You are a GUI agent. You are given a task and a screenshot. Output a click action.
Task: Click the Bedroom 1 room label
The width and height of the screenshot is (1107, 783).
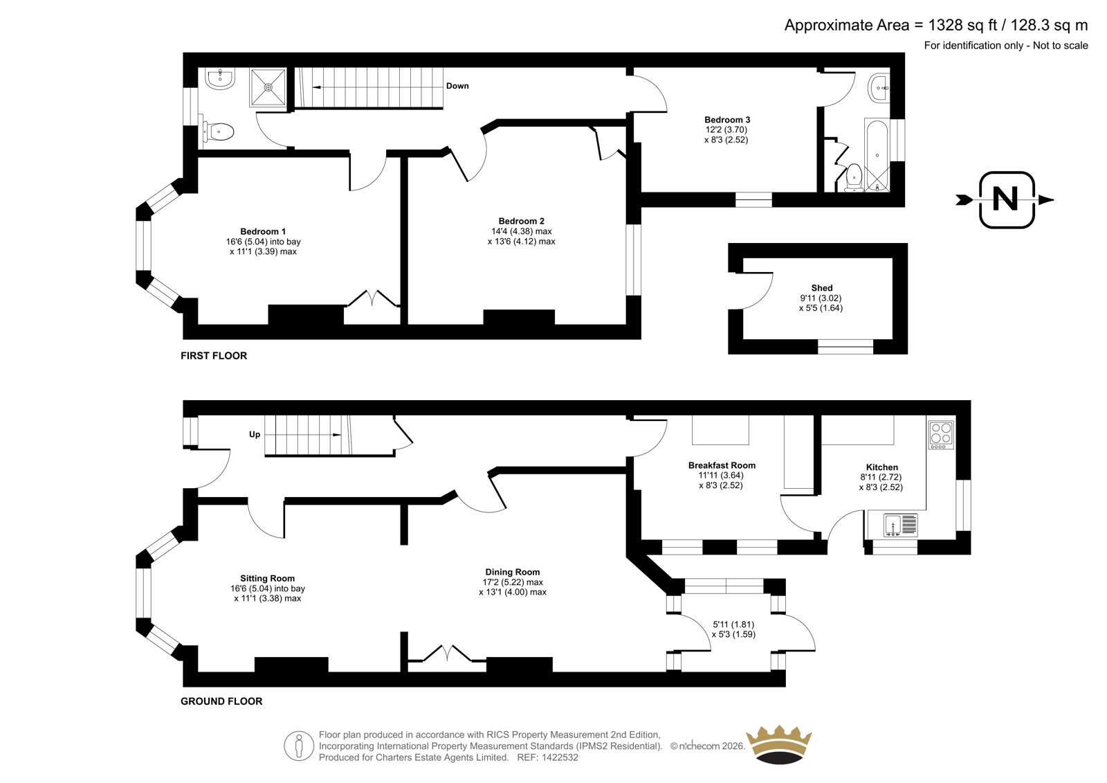click(x=263, y=231)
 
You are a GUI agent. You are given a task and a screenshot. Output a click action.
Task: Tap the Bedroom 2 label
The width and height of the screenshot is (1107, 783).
click(x=522, y=221)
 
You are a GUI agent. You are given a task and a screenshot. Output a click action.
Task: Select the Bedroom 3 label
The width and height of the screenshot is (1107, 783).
click(x=727, y=120)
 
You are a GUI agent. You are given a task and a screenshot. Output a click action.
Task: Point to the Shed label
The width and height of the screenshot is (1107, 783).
click(x=822, y=288)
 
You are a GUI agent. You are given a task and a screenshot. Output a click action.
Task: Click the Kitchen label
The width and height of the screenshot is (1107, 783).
click(x=882, y=467)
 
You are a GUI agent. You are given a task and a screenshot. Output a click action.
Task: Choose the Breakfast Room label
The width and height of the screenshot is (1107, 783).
click(x=722, y=465)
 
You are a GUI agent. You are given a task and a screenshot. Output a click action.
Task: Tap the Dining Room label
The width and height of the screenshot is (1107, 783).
click(x=513, y=572)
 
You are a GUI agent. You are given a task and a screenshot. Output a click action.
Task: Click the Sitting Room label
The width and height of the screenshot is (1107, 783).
click(x=267, y=578)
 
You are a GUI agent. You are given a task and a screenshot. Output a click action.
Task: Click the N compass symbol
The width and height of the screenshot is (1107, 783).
click(x=1006, y=200)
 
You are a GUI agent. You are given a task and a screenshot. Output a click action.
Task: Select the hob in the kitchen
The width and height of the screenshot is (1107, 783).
click(x=942, y=435)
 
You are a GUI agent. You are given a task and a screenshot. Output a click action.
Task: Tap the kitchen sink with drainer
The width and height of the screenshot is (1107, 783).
click(x=900, y=525)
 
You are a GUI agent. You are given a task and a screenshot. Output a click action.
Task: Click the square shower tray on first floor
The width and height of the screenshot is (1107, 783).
click(x=268, y=87)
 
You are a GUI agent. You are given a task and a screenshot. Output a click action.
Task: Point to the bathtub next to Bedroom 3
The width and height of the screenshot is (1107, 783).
click(x=877, y=155)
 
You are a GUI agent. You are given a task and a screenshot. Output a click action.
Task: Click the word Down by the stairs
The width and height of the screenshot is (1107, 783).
click(x=457, y=86)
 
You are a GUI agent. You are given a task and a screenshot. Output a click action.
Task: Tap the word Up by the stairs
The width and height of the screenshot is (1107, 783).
click(x=255, y=434)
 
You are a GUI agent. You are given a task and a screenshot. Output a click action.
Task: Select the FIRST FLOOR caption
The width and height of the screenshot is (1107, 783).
click(x=214, y=356)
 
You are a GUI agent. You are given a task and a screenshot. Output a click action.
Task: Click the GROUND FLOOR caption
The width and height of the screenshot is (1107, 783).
click(x=221, y=701)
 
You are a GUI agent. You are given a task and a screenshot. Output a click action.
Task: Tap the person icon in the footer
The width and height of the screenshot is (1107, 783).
click(x=299, y=746)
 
